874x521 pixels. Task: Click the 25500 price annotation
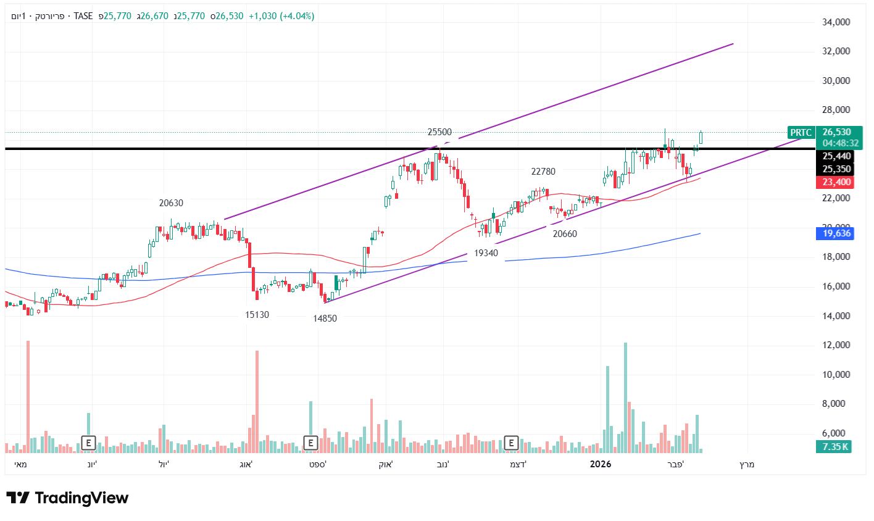point(439,132)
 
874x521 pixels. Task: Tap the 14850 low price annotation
point(325,319)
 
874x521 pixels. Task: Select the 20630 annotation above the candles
point(171,203)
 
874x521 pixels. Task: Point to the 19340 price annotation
point(486,253)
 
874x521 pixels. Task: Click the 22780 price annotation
point(543,172)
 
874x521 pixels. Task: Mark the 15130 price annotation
point(257,315)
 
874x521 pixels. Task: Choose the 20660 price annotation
point(565,234)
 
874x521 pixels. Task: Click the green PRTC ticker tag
point(801,133)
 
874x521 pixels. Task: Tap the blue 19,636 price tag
point(836,233)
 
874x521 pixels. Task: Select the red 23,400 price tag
point(836,182)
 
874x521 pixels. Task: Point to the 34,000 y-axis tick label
point(836,22)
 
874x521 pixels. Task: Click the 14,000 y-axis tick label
point(836,316)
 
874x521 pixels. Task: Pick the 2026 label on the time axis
point(601,464)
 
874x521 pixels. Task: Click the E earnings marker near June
point(89,443)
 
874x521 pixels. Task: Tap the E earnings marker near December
point(511,443)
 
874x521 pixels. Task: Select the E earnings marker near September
point(310,443)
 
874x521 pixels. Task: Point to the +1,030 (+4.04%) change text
point(281,16)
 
